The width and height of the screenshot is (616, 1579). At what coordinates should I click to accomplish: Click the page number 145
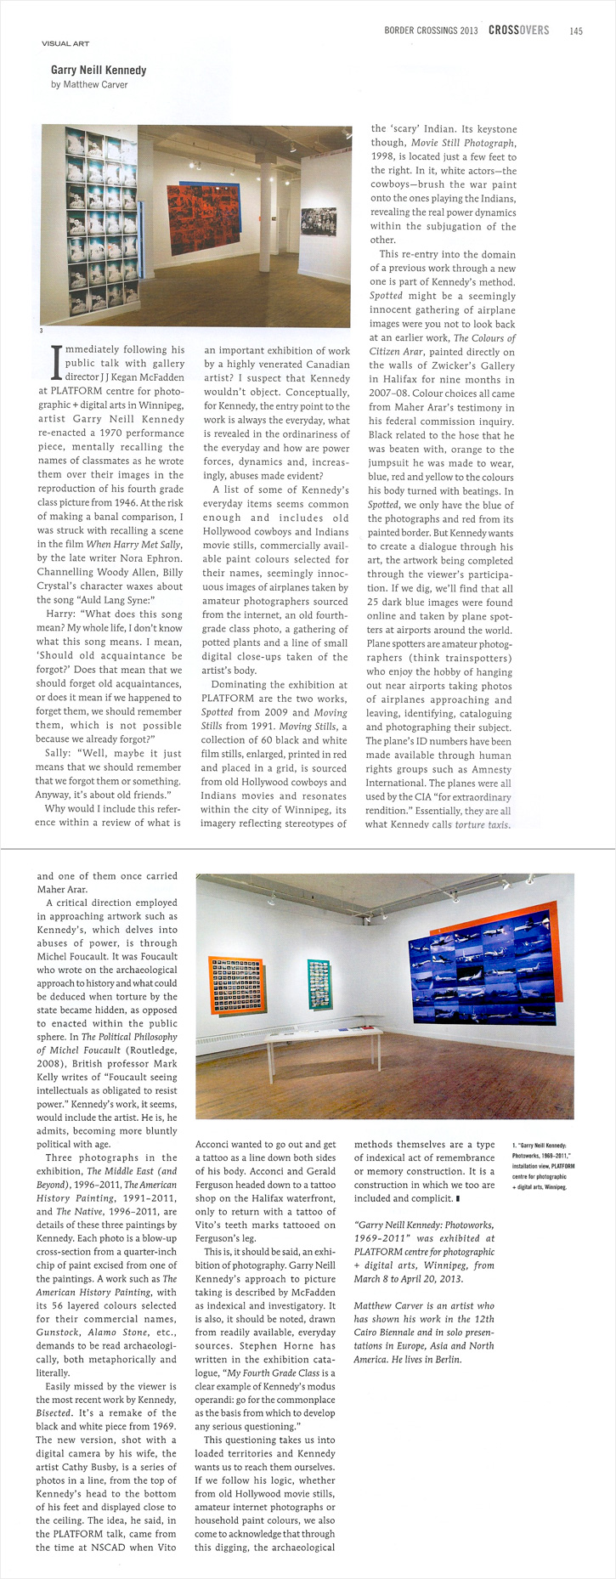pyautogui.click(x=576, y=31)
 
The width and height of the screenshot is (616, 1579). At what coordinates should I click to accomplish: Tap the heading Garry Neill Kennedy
pyautogui.click(x=99, y=71)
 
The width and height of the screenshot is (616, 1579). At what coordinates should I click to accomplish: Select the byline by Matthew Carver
pyautogui.click(x=89, y=85)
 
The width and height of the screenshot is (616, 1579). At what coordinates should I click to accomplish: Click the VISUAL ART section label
pyautogui.click(x=65, y=43)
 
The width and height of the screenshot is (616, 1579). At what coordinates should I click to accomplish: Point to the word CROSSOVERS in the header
pyautogui.click(x=518, y=31)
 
